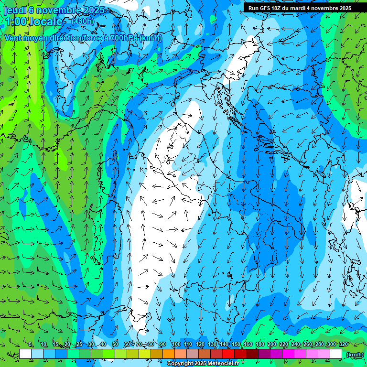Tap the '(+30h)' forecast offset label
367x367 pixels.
pos(82,21)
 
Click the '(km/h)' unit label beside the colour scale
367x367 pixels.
pos(355,354)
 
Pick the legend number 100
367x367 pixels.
pos(176,345)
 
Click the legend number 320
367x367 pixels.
pos(344,345)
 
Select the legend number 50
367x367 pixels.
pos(115,345)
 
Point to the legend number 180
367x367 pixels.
pos(260,345)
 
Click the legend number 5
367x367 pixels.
pos(31,345)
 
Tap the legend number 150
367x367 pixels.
pos(236,345)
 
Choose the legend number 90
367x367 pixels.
pos(163,345)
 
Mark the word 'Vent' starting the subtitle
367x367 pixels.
pos(13,38)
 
